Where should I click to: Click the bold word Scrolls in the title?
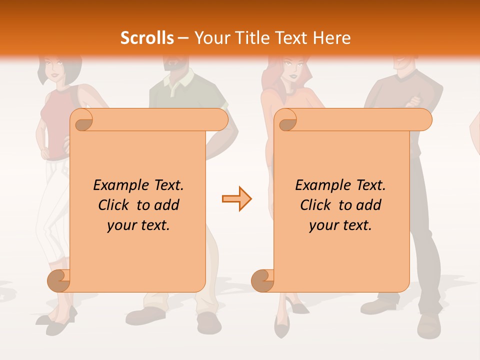tap(147, 38)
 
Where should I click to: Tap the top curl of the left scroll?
tap(82, 120)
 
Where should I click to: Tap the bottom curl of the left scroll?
tap(59, 280)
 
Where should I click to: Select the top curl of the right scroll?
tap(286, 120)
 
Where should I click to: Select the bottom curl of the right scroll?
tap(262, 280)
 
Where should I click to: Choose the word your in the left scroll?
tap(121, 225)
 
